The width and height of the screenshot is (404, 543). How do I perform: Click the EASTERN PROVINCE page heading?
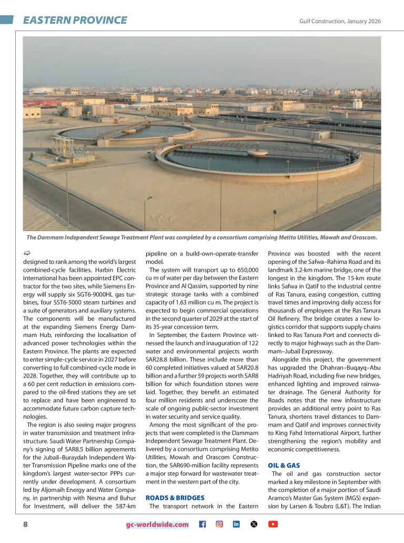click(x=75, y=21)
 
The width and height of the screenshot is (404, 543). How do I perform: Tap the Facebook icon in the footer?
click(x=202, y=524)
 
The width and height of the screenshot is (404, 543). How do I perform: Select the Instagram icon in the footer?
click(x=219, y=524)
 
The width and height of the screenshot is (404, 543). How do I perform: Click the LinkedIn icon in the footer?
click(x=236, y=524)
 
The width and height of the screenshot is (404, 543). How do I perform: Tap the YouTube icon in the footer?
click(x=272, y=524)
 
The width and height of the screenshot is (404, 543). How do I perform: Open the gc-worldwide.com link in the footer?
click(x=157, y=525)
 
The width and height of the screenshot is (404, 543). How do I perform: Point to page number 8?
click(x=25, y=524)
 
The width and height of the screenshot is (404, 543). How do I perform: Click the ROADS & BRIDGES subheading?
click(x=175, y=497)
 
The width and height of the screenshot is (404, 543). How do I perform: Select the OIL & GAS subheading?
click(x=284, y=466)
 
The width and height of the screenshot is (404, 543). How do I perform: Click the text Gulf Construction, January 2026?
click(x=340, y=21)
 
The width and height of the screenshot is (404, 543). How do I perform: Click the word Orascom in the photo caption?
click(x=362, y=237)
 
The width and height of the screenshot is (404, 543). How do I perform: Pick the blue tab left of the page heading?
click(x=7, y=20)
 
